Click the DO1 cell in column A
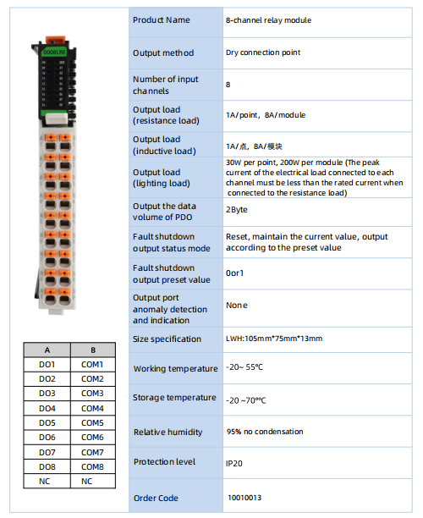pos(47,365)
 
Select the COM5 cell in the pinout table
pos(93,423)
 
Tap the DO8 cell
pos(47,467)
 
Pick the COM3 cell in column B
pos(93,394)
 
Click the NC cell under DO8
pos(47,482)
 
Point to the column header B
pos(93,350)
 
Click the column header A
pos(47,350)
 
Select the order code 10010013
pos(244,498)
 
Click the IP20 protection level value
pos(234,464)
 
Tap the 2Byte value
pos(237,210)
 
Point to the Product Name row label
pos(161,20)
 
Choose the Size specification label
pos(167,339)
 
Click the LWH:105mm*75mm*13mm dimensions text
pos(274,339)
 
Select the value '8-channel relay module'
pos(268,20)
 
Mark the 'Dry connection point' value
pos(263,52)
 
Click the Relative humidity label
pos(168,433)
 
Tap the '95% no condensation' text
pos(265,432)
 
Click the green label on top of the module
pos(55,52)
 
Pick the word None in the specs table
pos(237,306)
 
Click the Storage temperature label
pos(174,398)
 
